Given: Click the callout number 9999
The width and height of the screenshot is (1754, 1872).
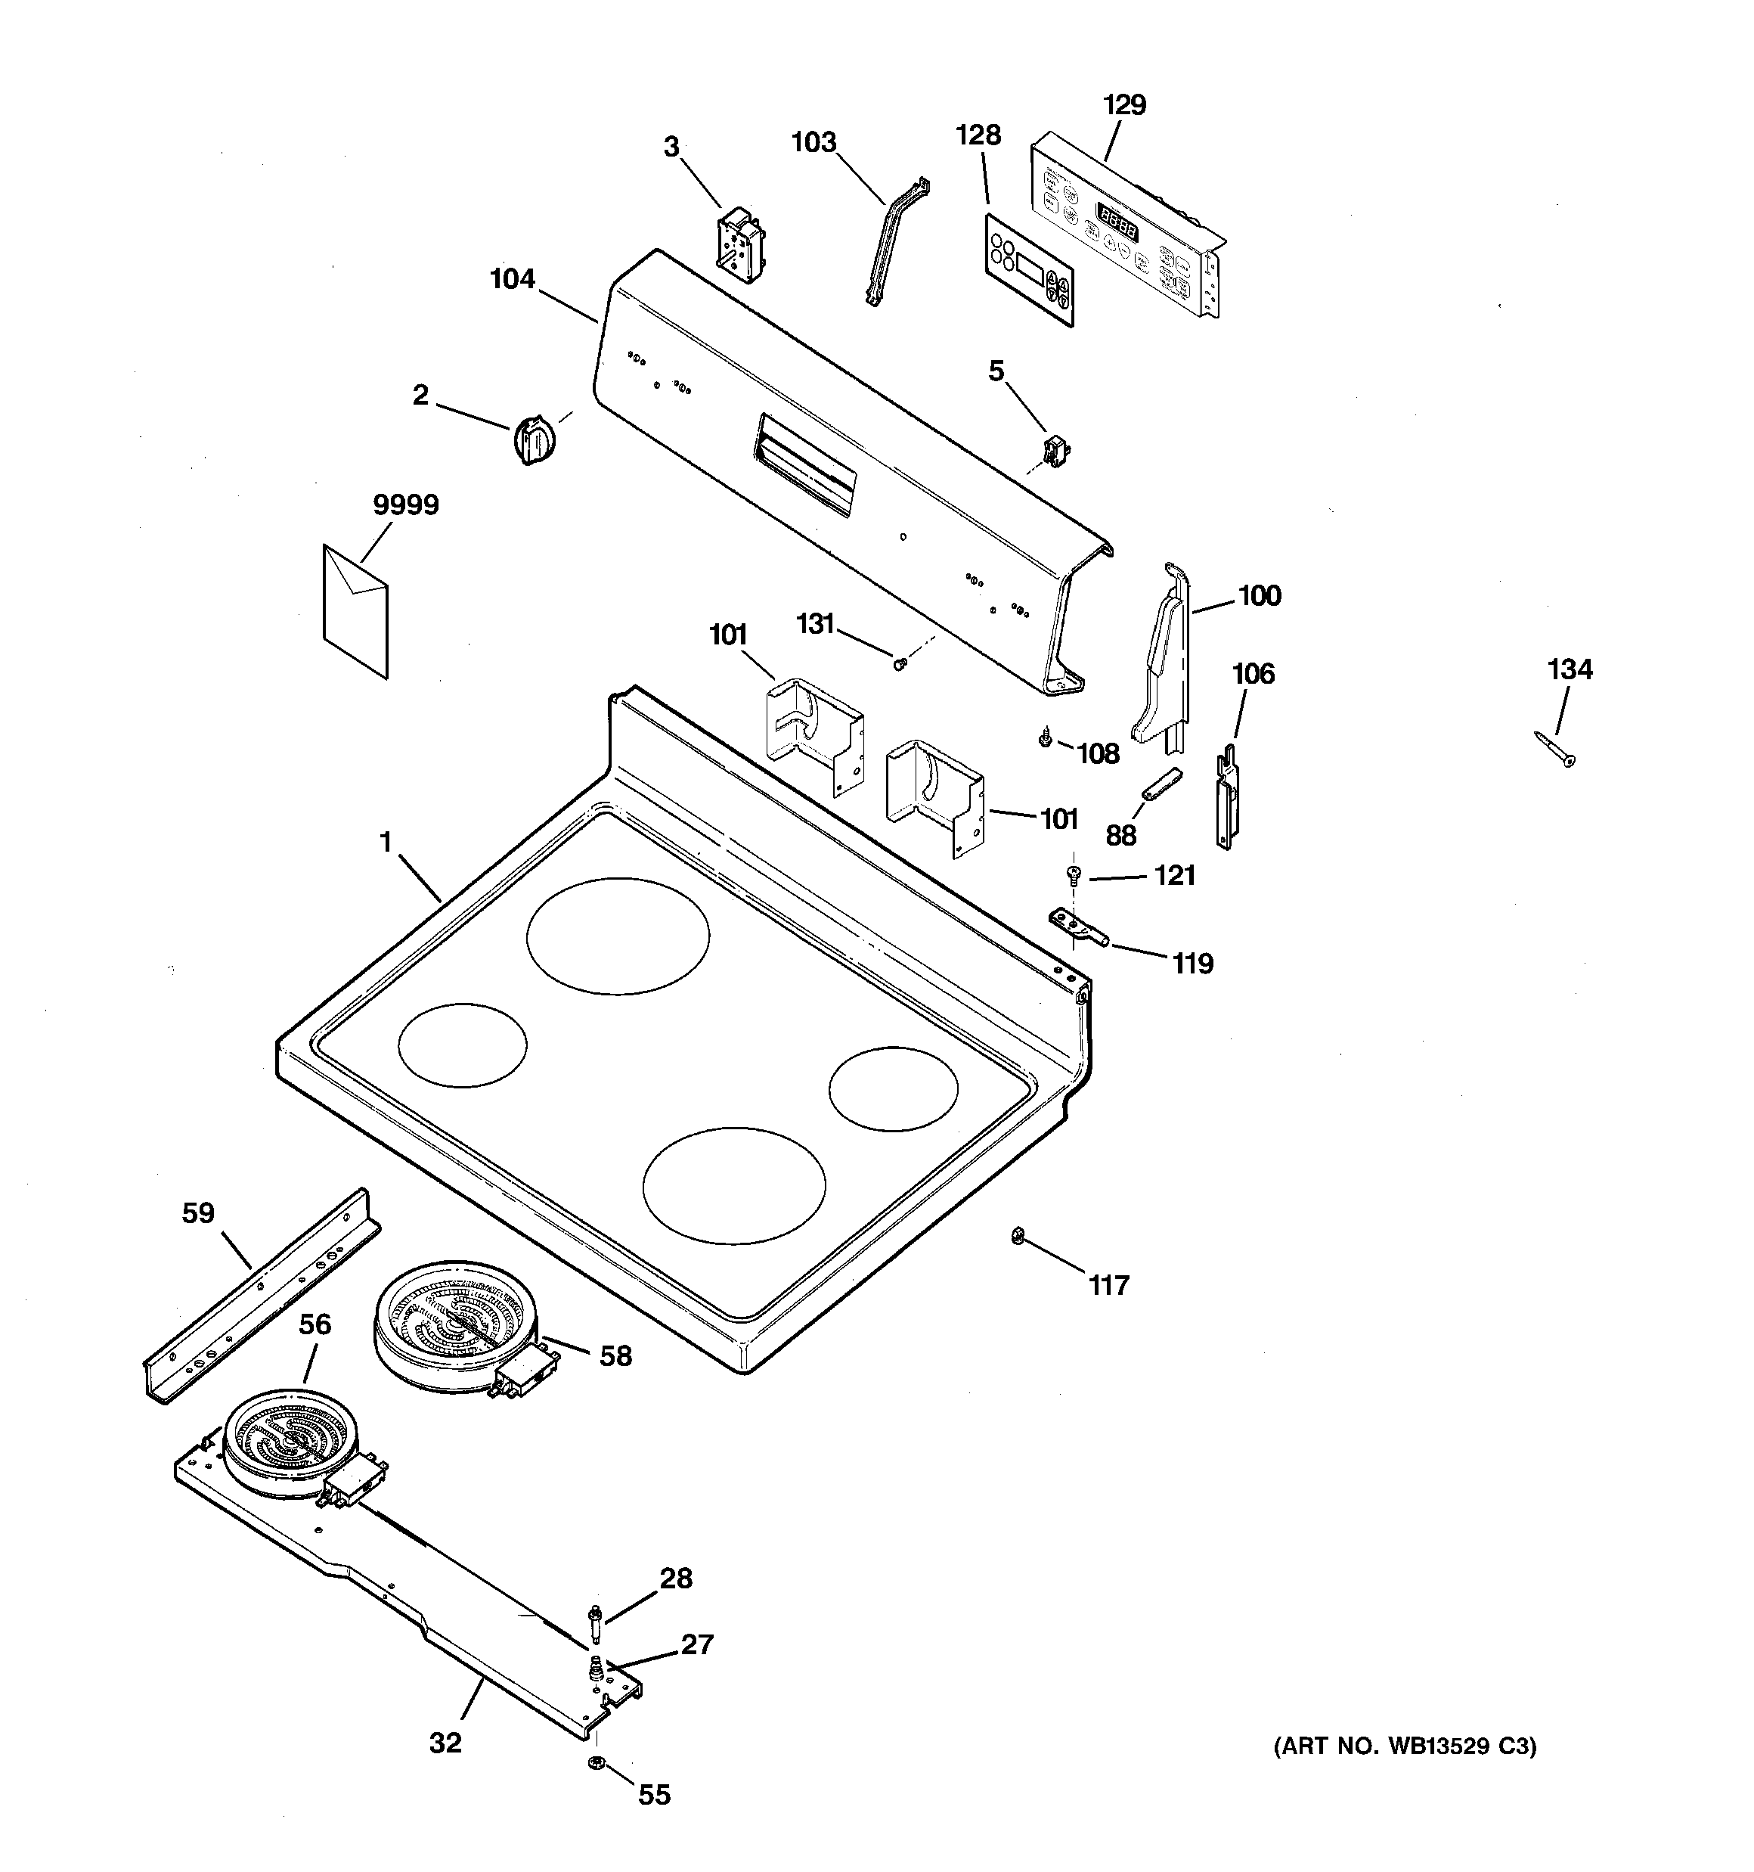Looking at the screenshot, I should (x=406, y=506).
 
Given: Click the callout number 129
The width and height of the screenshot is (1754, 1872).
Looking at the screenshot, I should (x=1125, y=104).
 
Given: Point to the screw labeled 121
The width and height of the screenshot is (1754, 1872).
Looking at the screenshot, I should (x=1072, y=874).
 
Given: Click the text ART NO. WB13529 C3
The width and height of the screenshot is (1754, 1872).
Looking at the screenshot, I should (x=1405, y=1746).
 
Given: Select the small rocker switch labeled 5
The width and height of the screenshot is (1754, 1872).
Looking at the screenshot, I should (x=1052, y=450).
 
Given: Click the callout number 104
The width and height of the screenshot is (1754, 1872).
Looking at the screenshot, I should (x=513, y=279).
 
